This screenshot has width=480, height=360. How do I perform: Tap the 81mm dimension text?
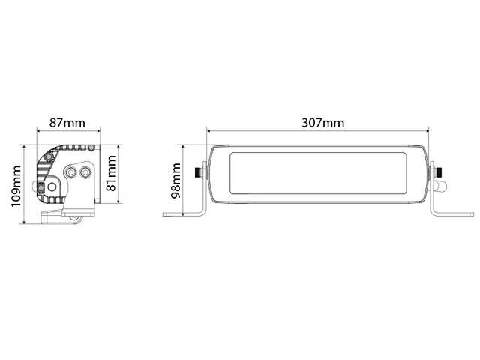(112, 173)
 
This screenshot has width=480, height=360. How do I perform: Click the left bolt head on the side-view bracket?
(72, 172)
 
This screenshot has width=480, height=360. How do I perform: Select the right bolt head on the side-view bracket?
(86, 172)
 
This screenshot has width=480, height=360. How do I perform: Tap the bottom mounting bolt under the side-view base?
(76, 218)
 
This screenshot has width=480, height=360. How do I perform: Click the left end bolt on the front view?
(199, 172)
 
